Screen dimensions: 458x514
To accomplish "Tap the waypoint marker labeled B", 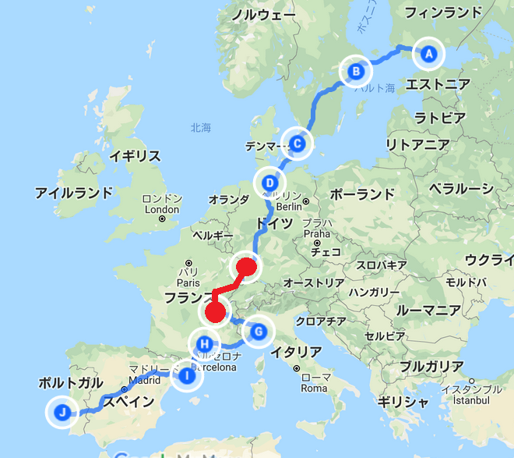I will tap(356, 72).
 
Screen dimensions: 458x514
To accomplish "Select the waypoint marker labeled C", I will tap(297, 143).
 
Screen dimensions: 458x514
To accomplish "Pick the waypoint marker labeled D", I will tap(269, 183).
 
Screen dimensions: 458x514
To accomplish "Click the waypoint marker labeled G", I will tap(259, 332).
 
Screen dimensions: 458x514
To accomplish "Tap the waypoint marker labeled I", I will tap(186, 377).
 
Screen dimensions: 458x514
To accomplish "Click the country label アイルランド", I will tap(74, 192).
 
